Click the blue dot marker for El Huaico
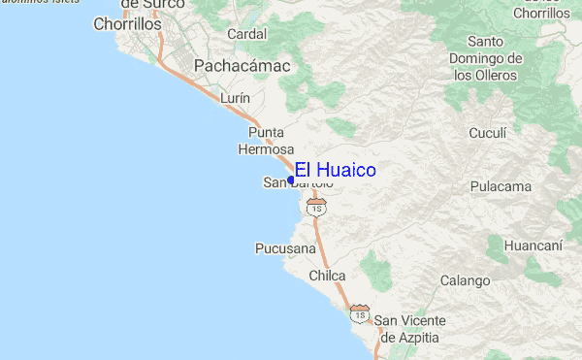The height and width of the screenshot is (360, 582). pyautogui.click(x=291, y=180)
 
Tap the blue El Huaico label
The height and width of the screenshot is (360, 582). pyautogui.click(x=336, y=171)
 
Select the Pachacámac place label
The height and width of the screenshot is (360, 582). pyautogui.click(x=242, y=66)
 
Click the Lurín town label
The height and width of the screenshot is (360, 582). pyautogui.click(x=236, y=99)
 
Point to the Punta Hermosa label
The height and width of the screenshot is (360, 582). pyautogui.click(x=266, y=141)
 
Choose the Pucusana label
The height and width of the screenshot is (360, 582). pyautogui.click(x=285, y=248)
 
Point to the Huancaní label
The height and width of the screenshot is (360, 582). pyautogui.click(x=533, y=246)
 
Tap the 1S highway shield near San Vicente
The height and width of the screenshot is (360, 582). pyautogui.click(x=361, y=315)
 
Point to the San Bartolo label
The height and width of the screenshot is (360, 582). pyautogui.click(x=298, y=183)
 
